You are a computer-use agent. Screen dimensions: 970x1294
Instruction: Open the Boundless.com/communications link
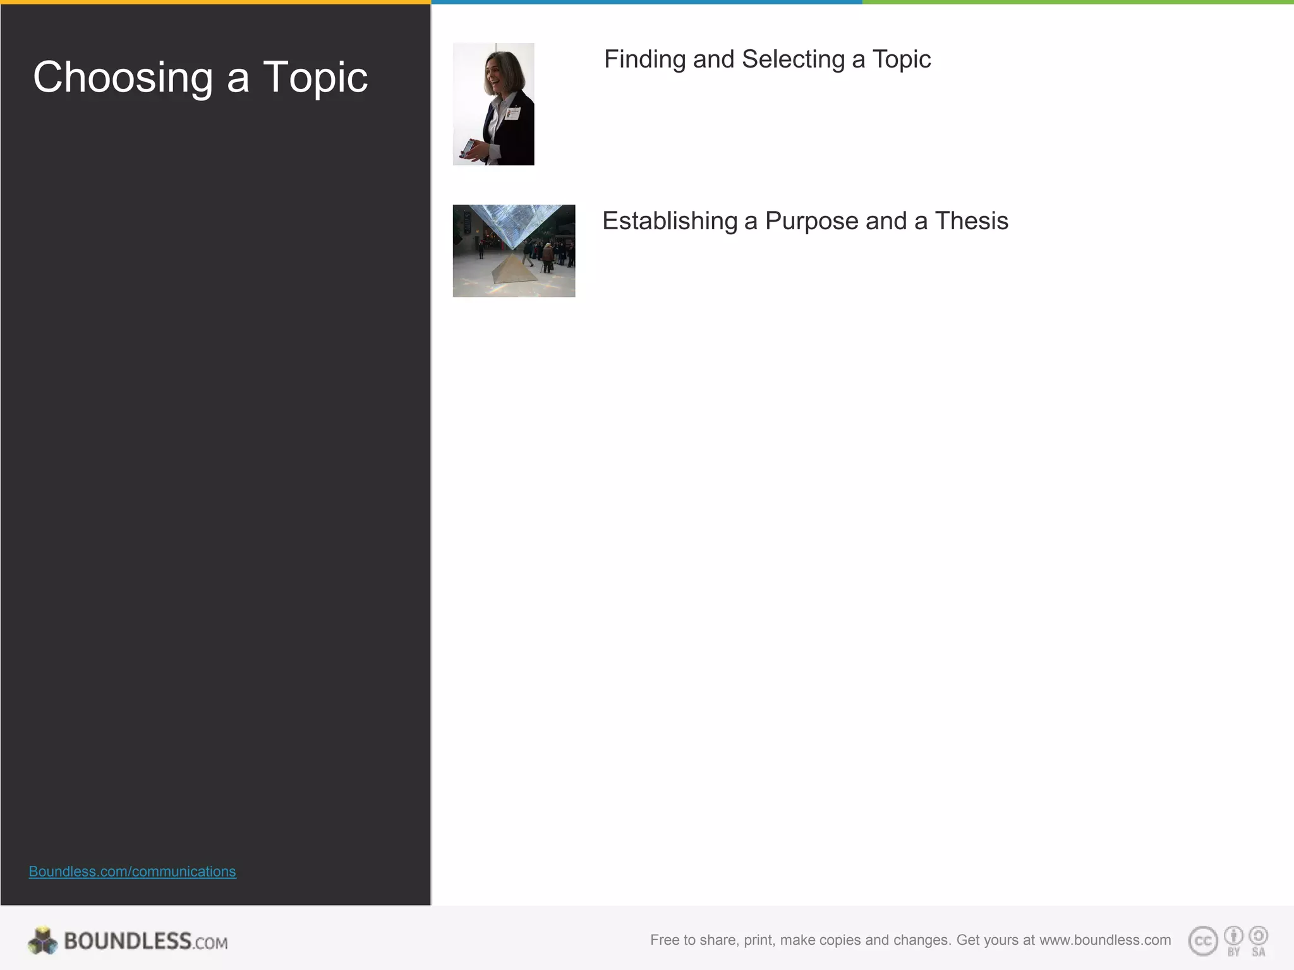point(132,871)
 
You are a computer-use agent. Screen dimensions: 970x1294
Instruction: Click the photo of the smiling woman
point(493,104)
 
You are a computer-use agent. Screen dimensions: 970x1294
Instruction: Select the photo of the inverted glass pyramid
point(514,250)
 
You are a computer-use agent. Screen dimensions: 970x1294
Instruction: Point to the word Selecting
point(793,59)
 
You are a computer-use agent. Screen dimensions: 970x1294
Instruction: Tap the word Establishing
point(670,221)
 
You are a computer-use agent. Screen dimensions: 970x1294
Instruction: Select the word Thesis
point(971,221)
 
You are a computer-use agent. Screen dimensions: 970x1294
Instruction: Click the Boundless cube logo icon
point(42,941)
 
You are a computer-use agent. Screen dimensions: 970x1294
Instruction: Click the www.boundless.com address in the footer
point(1105,940)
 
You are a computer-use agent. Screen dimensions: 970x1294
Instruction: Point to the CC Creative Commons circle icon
point(1203,941)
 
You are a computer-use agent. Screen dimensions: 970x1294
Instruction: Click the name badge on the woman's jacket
point(514,113)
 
